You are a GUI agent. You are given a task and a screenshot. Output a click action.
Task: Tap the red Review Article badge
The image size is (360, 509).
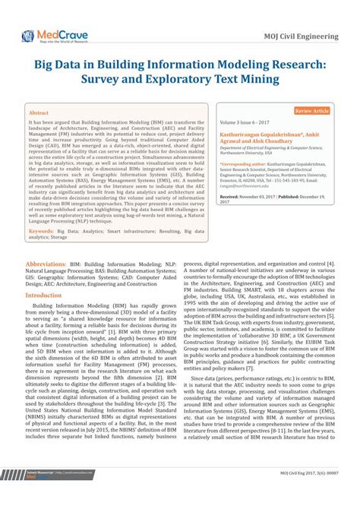[x=311, y=111]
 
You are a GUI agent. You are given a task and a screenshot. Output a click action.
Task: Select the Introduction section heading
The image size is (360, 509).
[x=49, y=273]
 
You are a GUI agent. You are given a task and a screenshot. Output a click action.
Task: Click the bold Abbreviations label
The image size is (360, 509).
[x=46, y=242]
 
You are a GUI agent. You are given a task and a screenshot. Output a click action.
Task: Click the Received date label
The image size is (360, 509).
[x=232, y=196]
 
